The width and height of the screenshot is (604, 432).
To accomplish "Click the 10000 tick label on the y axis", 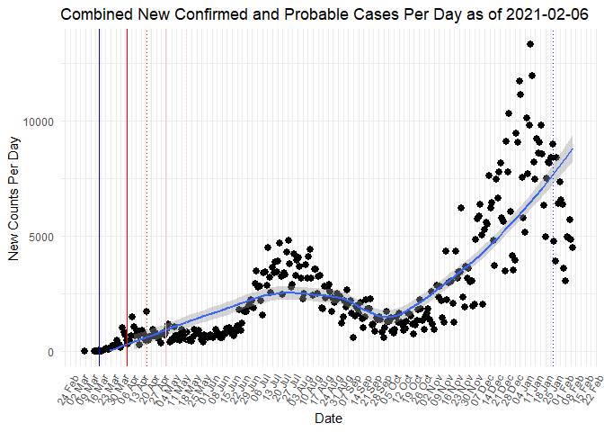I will point(37,121).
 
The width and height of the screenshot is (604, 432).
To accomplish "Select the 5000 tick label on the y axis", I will point(40,237).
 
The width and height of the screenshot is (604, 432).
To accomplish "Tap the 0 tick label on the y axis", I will point(51,352).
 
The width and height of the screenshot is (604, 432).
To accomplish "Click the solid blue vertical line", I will point(99,180).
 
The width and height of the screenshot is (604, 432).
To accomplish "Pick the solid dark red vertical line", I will point(128,180).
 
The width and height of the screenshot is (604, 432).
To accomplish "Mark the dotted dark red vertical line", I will point(147,180).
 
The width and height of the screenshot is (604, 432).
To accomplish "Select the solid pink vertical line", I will point(165,180).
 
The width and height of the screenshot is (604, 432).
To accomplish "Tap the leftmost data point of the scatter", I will point(84,351).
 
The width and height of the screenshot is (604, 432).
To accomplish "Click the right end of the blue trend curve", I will point(572,149).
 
